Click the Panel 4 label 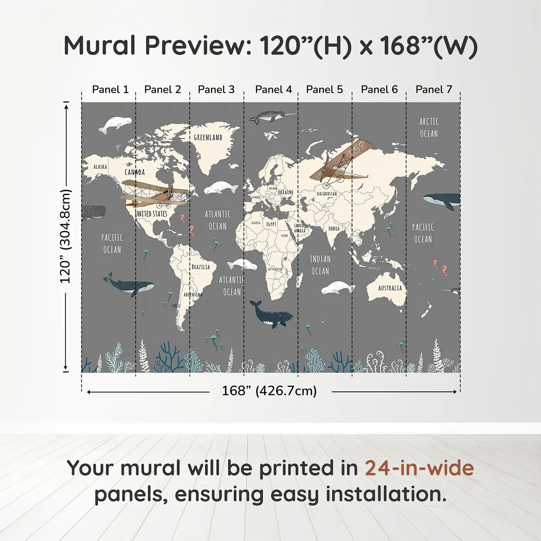click(273, 90)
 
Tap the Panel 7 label click(434, 90)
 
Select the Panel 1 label click(110, 90)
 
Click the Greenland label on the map click(208, 138)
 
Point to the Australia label click(390, 288)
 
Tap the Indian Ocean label click(320, 265)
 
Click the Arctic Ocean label click(429, 128)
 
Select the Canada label click(134, 172)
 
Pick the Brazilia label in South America click(201, 267)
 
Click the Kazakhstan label click(327, 194)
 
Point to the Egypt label click(271, 224)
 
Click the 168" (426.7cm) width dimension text click(269, 391)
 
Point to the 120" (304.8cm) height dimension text click(65, 236)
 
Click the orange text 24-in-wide click(419, 468)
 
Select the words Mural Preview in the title click(158, 46)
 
